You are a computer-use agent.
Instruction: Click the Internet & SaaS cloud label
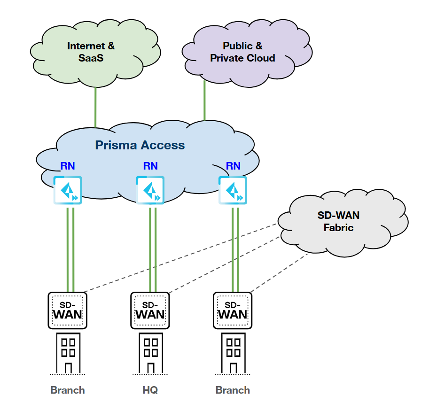pyautogui.click(x=91, y=52)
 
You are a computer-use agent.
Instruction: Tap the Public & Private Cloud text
pyautogui.click(x=242, y=52)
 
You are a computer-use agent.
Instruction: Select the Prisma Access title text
pyautogui.click(x=140, y=145)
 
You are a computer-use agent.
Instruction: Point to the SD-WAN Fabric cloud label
pyautogui.click(x=338, y=221)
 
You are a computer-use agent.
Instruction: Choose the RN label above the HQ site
pyautogui.click(x=150, y=166)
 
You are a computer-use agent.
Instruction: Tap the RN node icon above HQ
pyautogui.click(x=150, y=190)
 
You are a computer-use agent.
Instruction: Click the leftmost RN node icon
pyautogui.click(x=68, y=190)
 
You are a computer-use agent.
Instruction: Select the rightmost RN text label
pyautogui.click(x=233, y=166)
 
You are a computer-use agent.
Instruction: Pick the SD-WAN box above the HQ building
pyautogui.click(x=150, y=310)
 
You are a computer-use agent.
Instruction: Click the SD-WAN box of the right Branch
pyautogui.click(x=233, y=310)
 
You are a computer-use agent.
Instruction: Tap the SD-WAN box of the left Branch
pyautogui.click(x=68, y=310)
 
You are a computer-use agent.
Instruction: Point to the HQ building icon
pyautogui.click(x=150, y=352)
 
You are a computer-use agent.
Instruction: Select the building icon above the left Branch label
pyautogui.click(x=68, y=352)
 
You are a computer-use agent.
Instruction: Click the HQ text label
pyautogui.click(x=150, y=390)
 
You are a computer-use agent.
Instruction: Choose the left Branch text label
pyautogui.click(x=68, y=390)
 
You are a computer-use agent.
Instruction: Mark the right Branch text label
pyautogui.click(x=233, y=390)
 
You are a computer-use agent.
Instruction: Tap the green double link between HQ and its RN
pyautogui.click(x=153, y=249)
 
